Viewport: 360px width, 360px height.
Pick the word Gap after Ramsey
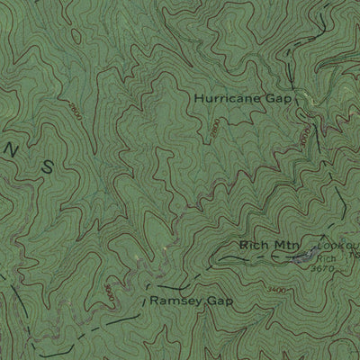pyautogui.click(x=207, y=299)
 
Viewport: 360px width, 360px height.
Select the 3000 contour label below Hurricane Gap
pyautogui.click(x=304, y=139)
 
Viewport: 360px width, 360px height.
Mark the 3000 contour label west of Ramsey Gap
pyautogui.click(x=109, y=293)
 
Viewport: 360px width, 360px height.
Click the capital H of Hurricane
pyautogui.click(x=198, y=98)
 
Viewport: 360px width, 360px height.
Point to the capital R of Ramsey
pyautogui.click(x=155, y=299)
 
